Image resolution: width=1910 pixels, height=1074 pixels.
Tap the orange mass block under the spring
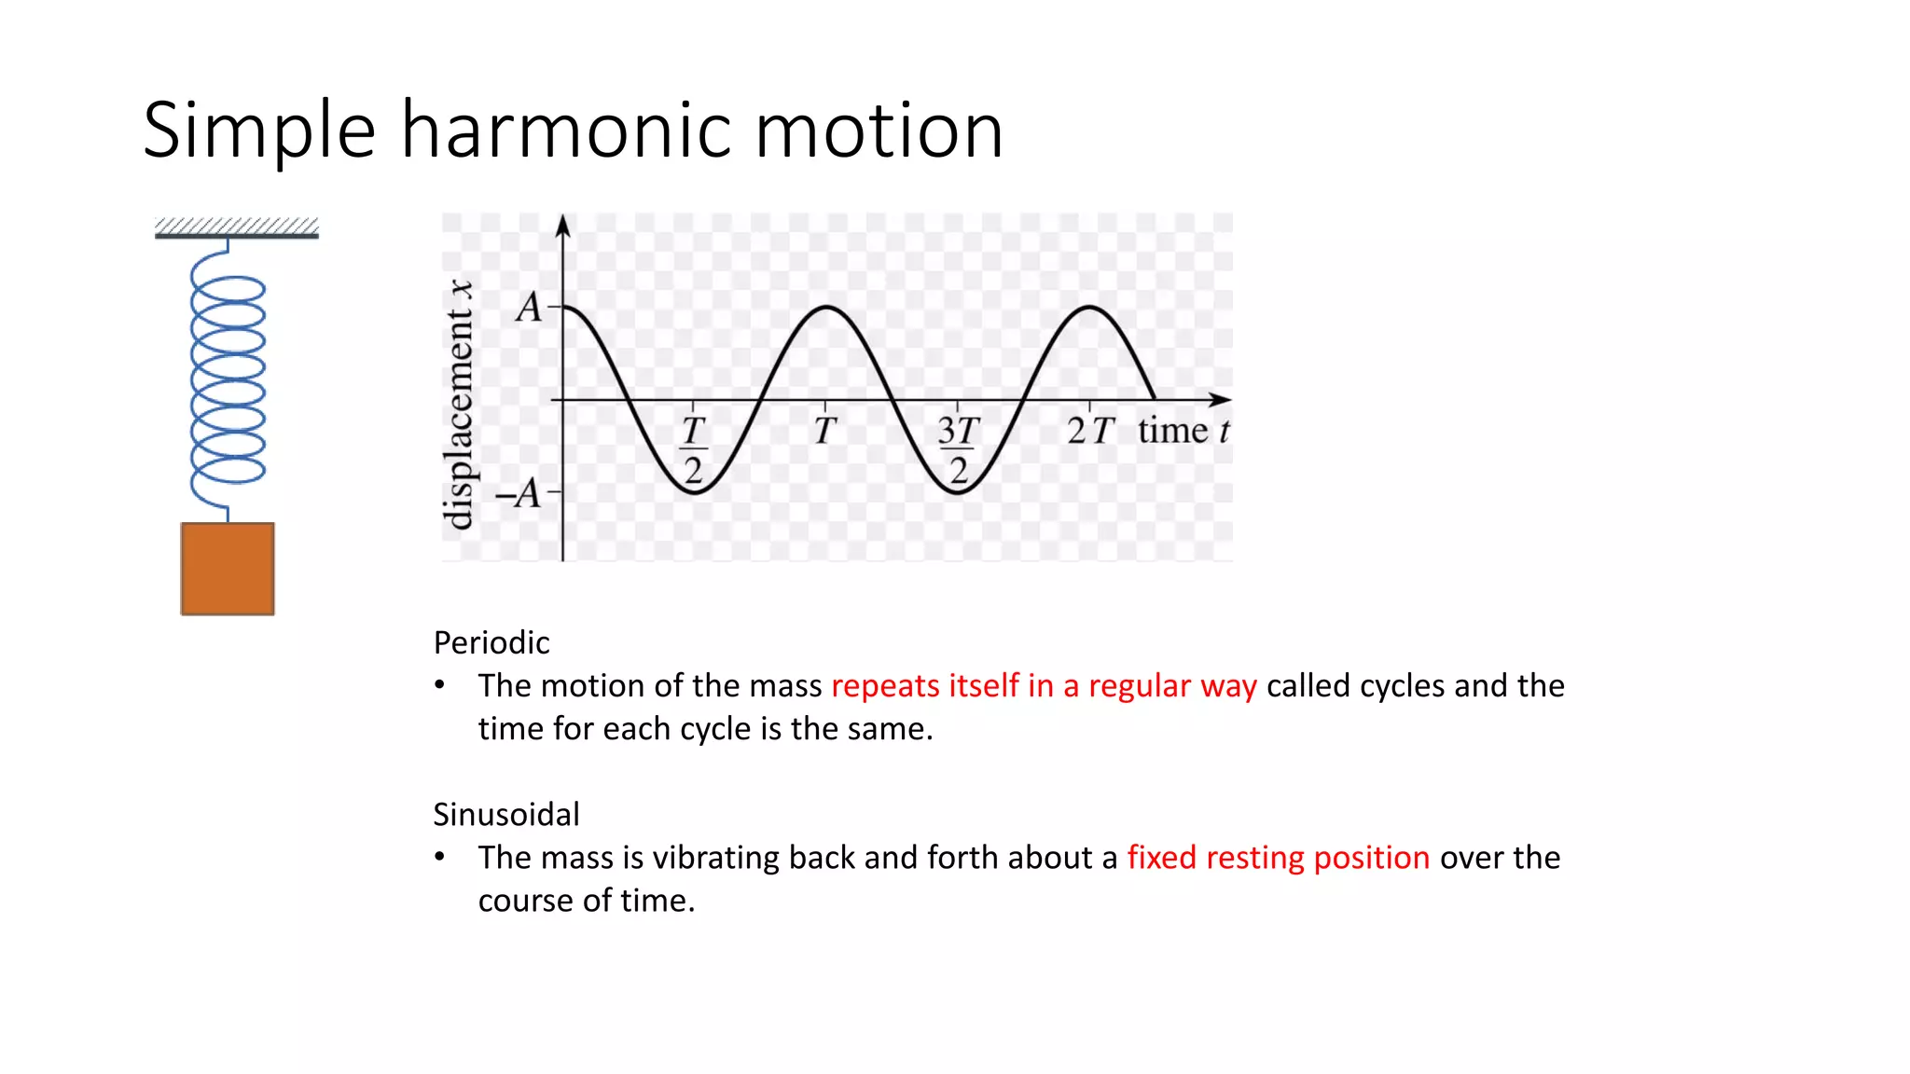228,569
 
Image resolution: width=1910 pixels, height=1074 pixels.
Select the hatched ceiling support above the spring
237,227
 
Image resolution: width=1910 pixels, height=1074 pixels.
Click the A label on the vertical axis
529,307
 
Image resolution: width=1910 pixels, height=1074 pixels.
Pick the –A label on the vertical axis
519,493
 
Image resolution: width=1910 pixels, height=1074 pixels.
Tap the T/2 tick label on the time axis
693,449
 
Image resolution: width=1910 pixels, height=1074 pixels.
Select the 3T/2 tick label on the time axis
958,449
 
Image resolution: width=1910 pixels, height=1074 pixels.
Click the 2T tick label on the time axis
1089,431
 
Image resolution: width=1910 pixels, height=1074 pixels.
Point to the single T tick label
824,431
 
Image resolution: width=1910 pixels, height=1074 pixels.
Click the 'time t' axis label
1183,431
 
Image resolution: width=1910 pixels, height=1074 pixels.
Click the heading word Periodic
491,642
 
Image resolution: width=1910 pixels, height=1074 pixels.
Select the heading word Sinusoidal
506,814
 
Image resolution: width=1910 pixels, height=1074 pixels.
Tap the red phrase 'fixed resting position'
1278,857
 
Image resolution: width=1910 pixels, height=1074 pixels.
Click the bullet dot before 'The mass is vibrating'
439,857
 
